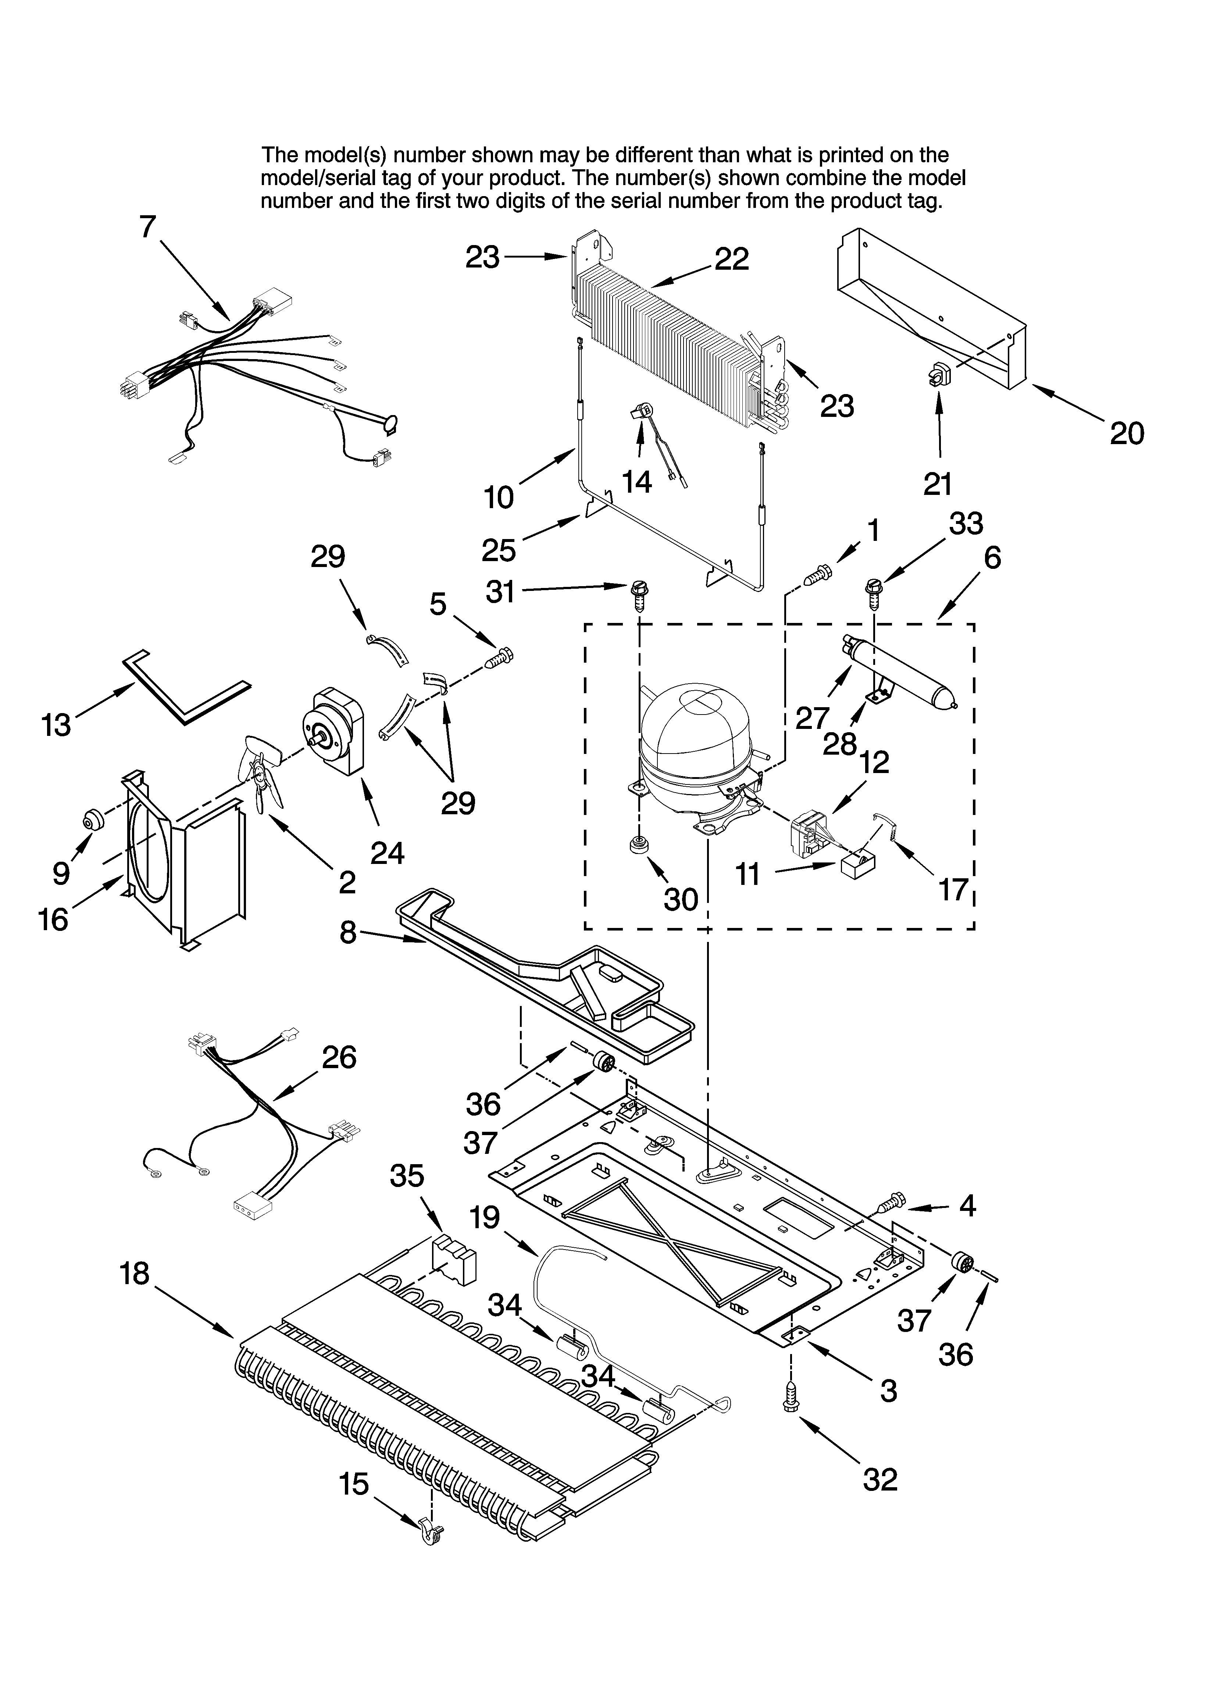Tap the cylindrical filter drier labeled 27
pos(900,670)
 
